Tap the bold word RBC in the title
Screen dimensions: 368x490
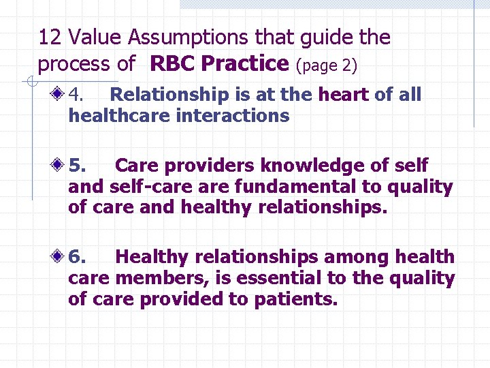click(x=174, y=64)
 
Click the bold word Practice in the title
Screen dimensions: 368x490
click(x=246, y=64)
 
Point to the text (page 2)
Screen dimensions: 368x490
click(x=326, y=65)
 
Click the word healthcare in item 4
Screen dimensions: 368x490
click(x=118, y=116)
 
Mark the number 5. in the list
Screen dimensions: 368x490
click(x=78, y=166)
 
